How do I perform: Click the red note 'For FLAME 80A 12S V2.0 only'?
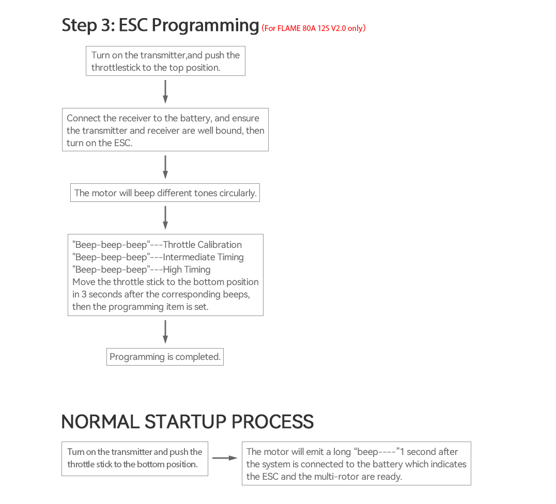point(314,28)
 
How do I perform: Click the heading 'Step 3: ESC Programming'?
point(160,25)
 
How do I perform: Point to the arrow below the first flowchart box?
point(165,92)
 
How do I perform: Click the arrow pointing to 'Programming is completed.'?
point(165,332)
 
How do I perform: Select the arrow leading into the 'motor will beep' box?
point(165,167)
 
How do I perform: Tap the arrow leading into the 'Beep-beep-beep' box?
point(165,217)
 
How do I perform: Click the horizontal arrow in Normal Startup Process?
point(225,458)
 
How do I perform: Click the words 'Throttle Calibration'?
point(202,245)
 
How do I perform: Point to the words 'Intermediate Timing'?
point(203,257)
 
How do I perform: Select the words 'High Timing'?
point(187,270)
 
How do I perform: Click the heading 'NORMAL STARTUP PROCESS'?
point(187,422)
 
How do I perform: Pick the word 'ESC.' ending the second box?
point(123,143)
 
